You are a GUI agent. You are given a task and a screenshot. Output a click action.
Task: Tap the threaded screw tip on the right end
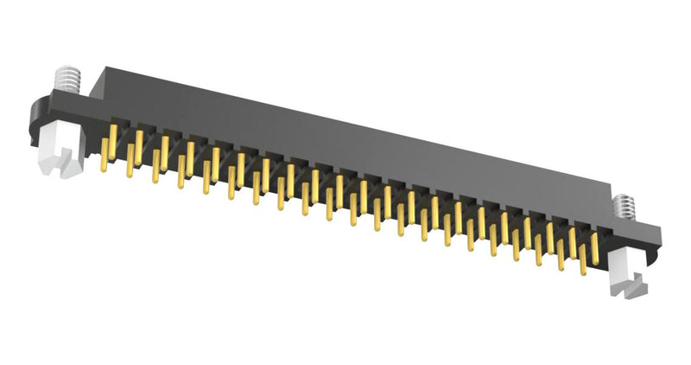(623, 208)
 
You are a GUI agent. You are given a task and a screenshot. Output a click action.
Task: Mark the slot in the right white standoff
(635, 282)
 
